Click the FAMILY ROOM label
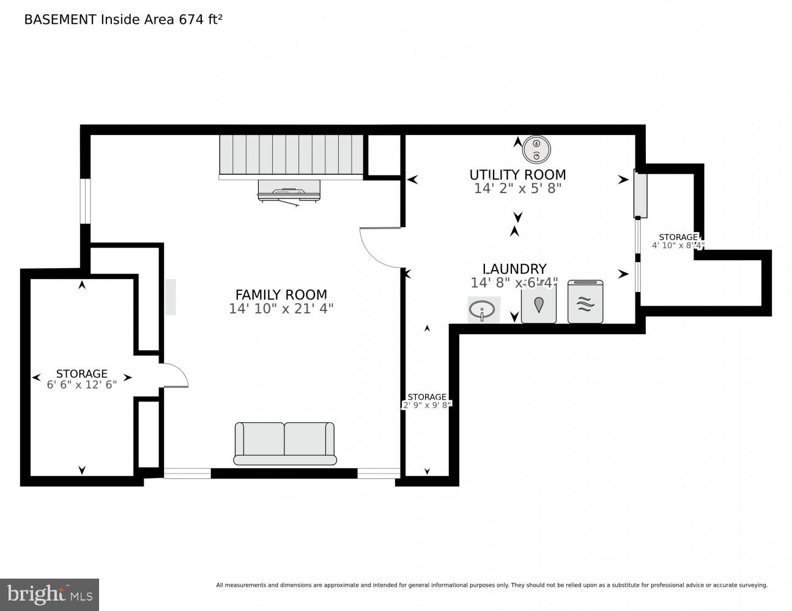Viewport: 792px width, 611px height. [x=281, y=295]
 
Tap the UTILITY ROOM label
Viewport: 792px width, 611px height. [x=517, y=175]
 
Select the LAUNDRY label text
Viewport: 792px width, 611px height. [x=514, y=269]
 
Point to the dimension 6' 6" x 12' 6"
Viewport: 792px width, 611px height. [x=81, y=385]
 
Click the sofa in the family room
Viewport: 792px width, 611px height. [x=285, y=443]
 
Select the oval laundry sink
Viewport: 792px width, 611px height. [x=483, y=310]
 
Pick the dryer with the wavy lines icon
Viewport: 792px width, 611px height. [x=585, y=302]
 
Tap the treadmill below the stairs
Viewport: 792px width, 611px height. [x=289, y=191]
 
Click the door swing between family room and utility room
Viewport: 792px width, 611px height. [x=380, y=247]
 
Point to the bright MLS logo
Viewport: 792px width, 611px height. [x=50, y=595]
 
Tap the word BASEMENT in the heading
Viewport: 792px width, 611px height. [x=60, y=19]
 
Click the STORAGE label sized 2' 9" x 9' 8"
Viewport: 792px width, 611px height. [x=427, y=397]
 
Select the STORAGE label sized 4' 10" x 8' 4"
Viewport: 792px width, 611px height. [x=678, y=237]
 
